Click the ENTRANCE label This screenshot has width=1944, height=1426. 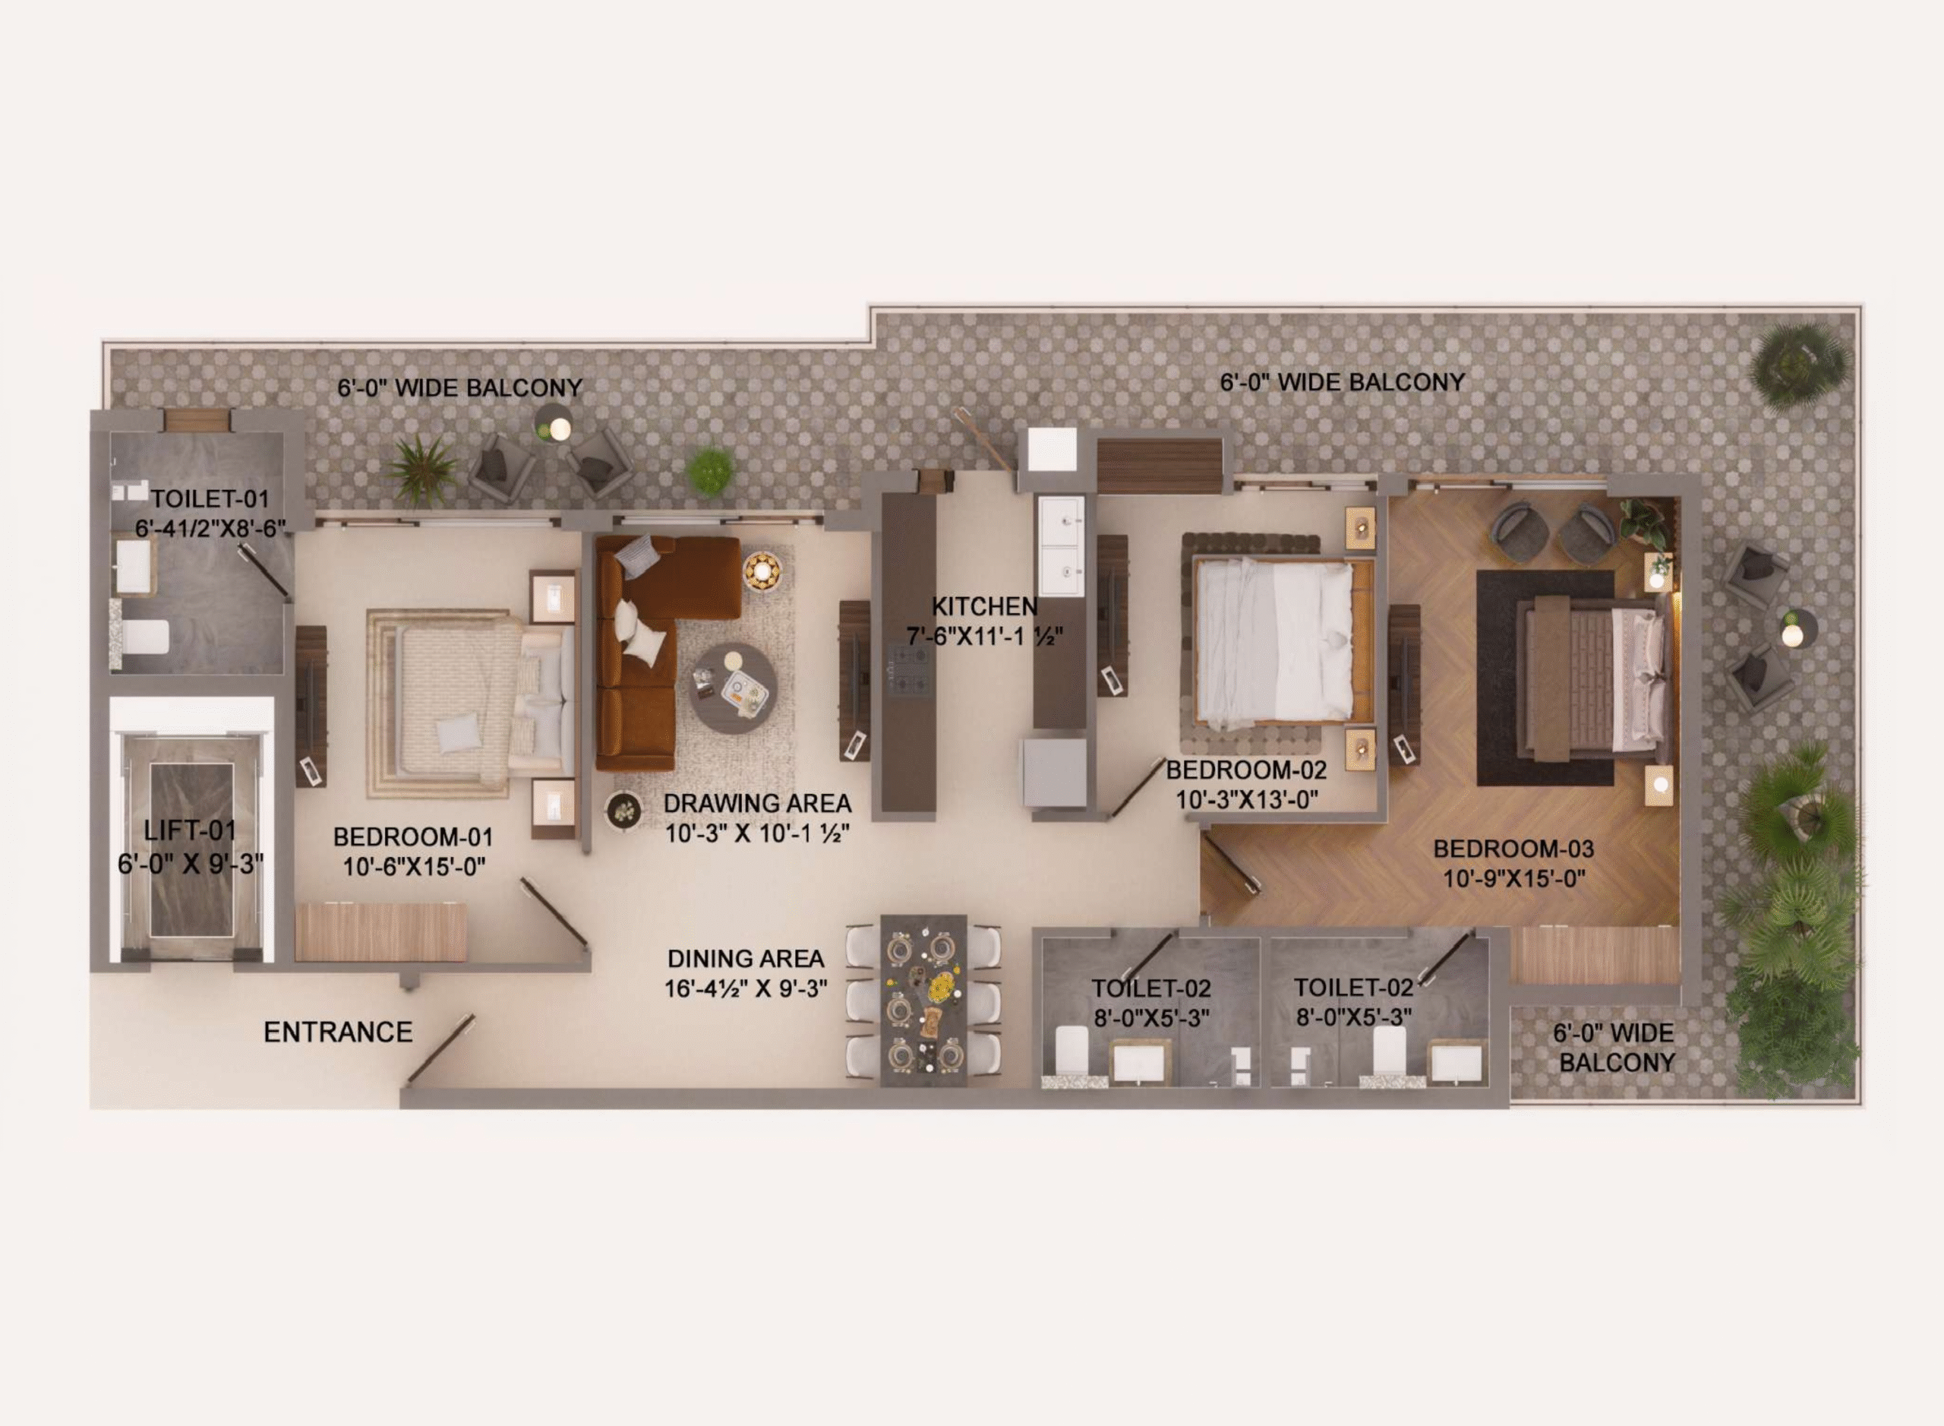[337, 1032]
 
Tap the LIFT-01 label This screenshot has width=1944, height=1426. [190, 830]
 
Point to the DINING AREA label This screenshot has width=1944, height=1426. [746, 958]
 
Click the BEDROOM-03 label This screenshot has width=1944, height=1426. [1513, 849]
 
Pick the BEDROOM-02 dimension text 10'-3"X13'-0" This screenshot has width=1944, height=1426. [1247, 799]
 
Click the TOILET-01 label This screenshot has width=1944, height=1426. [210, 498]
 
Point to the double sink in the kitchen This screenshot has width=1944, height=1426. [1060, 547]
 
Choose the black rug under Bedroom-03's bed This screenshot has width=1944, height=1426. [1545, 678]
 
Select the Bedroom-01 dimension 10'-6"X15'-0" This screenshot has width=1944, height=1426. [414, 867]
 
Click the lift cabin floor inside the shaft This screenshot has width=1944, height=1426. [191, 850]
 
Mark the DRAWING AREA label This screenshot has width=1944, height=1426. [757, 803]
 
